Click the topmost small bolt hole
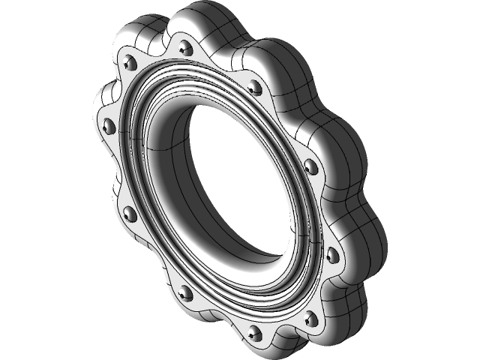click(185, 49)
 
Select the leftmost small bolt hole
click(106, 123)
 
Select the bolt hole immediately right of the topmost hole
click(254, 88)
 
